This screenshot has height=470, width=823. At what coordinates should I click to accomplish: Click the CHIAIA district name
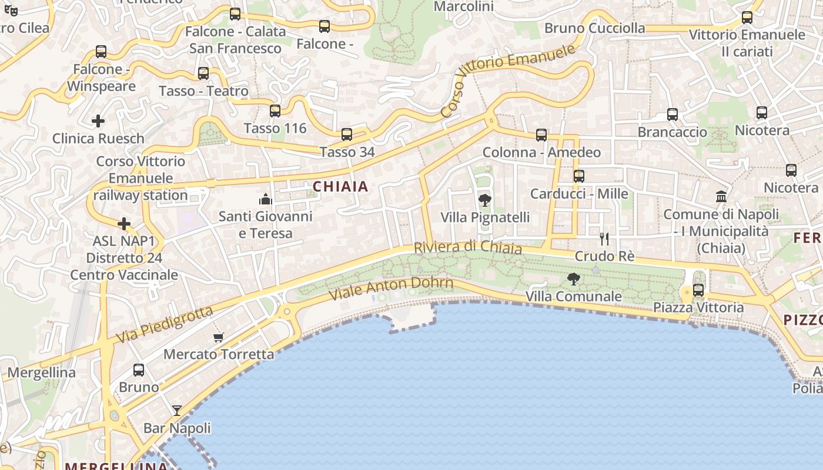pyautogui.click(x=340, y=187)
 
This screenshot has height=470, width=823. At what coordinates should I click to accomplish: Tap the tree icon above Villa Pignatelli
pyautogui.click(x=485, y=200)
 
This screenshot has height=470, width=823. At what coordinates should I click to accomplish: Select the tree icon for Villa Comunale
pyautogui.click(x=573, y=279)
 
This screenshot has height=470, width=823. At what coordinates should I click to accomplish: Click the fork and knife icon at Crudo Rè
pyautogui.click(x=604, y=239)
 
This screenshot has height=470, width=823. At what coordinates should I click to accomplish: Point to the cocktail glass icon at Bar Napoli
pyautogui.click(x=176, y=410)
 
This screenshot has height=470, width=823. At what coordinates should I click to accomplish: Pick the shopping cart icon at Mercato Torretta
pyautogui.click(x=218, y=337)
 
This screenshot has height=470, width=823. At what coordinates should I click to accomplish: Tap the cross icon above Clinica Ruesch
pyautogui.click(x=98, y=121)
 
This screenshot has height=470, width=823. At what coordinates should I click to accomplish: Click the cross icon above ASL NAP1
pyautogui.click(x=124, y=224)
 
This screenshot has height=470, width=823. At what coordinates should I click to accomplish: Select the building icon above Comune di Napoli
pyautogui.click(x=721, y=196)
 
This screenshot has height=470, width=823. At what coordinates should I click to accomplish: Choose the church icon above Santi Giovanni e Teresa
pyautogui.click(x=266, y=199)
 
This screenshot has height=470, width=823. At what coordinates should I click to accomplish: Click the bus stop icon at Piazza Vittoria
pyautogui.click(x=698, y=290)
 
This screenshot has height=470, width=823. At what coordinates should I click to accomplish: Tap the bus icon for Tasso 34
pyautogui.click(x=347, y=135)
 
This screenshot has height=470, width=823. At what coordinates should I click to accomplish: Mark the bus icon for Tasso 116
pyautogui.click(x=275, y=110)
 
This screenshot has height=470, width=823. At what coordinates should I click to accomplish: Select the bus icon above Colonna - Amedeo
pyautogui.click(x=541, y=135)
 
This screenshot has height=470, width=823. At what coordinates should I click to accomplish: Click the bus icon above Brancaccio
pyautogui.click(x=673, y=115)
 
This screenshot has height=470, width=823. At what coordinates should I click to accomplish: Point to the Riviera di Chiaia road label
pyautogui.click(x=468, y=247)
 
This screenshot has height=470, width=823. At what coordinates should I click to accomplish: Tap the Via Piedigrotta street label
pyautogui.click(x=164, y=325)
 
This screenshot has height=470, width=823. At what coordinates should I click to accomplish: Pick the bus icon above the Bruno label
pyautogui.click(x=139, y=370)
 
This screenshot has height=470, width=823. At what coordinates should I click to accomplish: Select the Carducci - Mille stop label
pyautogui.click(x=579, y=194)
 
